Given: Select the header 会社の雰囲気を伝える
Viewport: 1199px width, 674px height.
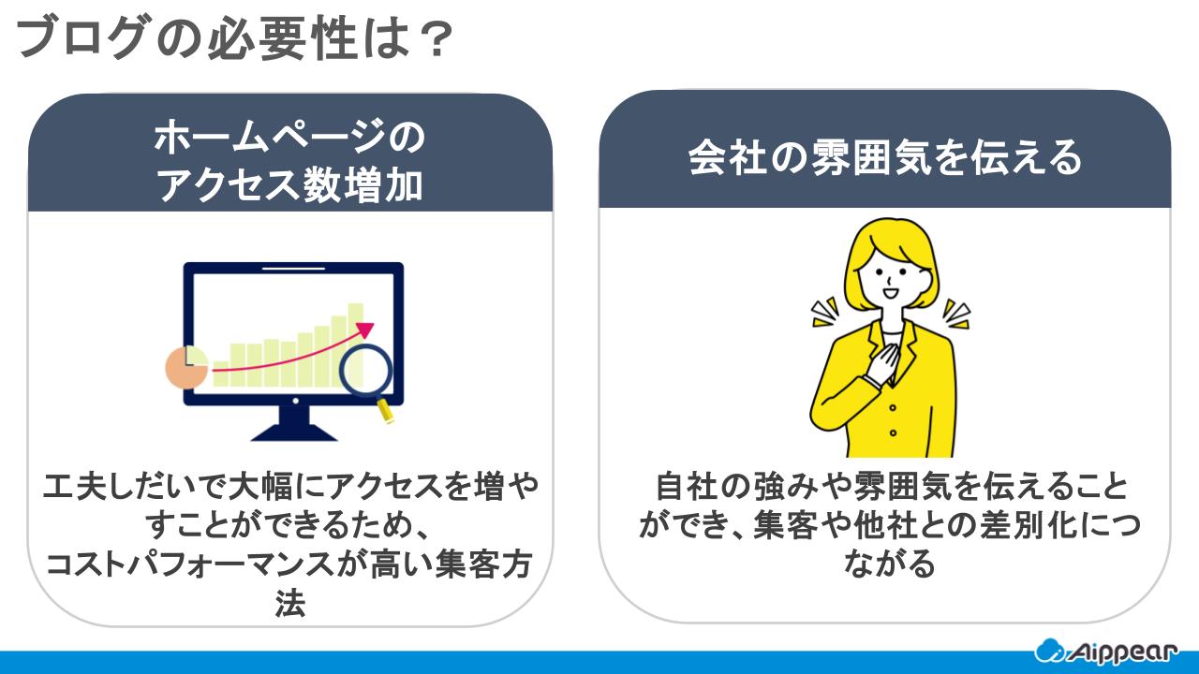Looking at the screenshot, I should tap(884, 157).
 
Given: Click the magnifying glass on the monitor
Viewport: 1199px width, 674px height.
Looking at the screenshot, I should tap(364, 371).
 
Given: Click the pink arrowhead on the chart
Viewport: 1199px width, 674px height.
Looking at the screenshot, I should tap(365, 330).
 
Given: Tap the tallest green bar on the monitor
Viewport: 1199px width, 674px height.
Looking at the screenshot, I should tap(356, 328).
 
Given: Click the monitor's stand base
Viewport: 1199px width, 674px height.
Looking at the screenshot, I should tap(294, 433).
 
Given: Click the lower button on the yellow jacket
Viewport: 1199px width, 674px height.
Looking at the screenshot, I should tap(892, 432).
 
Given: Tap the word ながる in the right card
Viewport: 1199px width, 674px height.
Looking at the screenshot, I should tap(884, 564).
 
